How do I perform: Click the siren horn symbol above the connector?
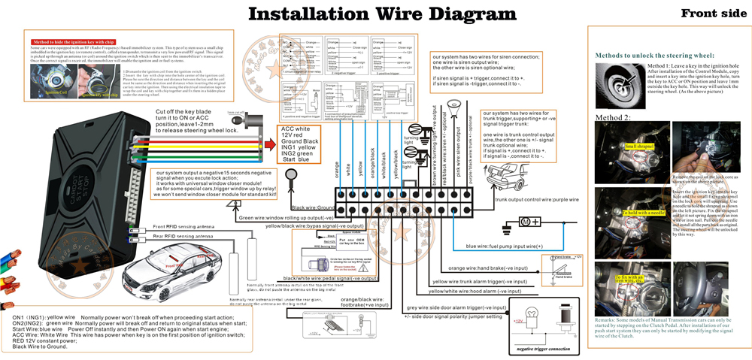point(455,104)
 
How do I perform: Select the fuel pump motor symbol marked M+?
point(527,222)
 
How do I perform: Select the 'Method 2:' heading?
point(614,117)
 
